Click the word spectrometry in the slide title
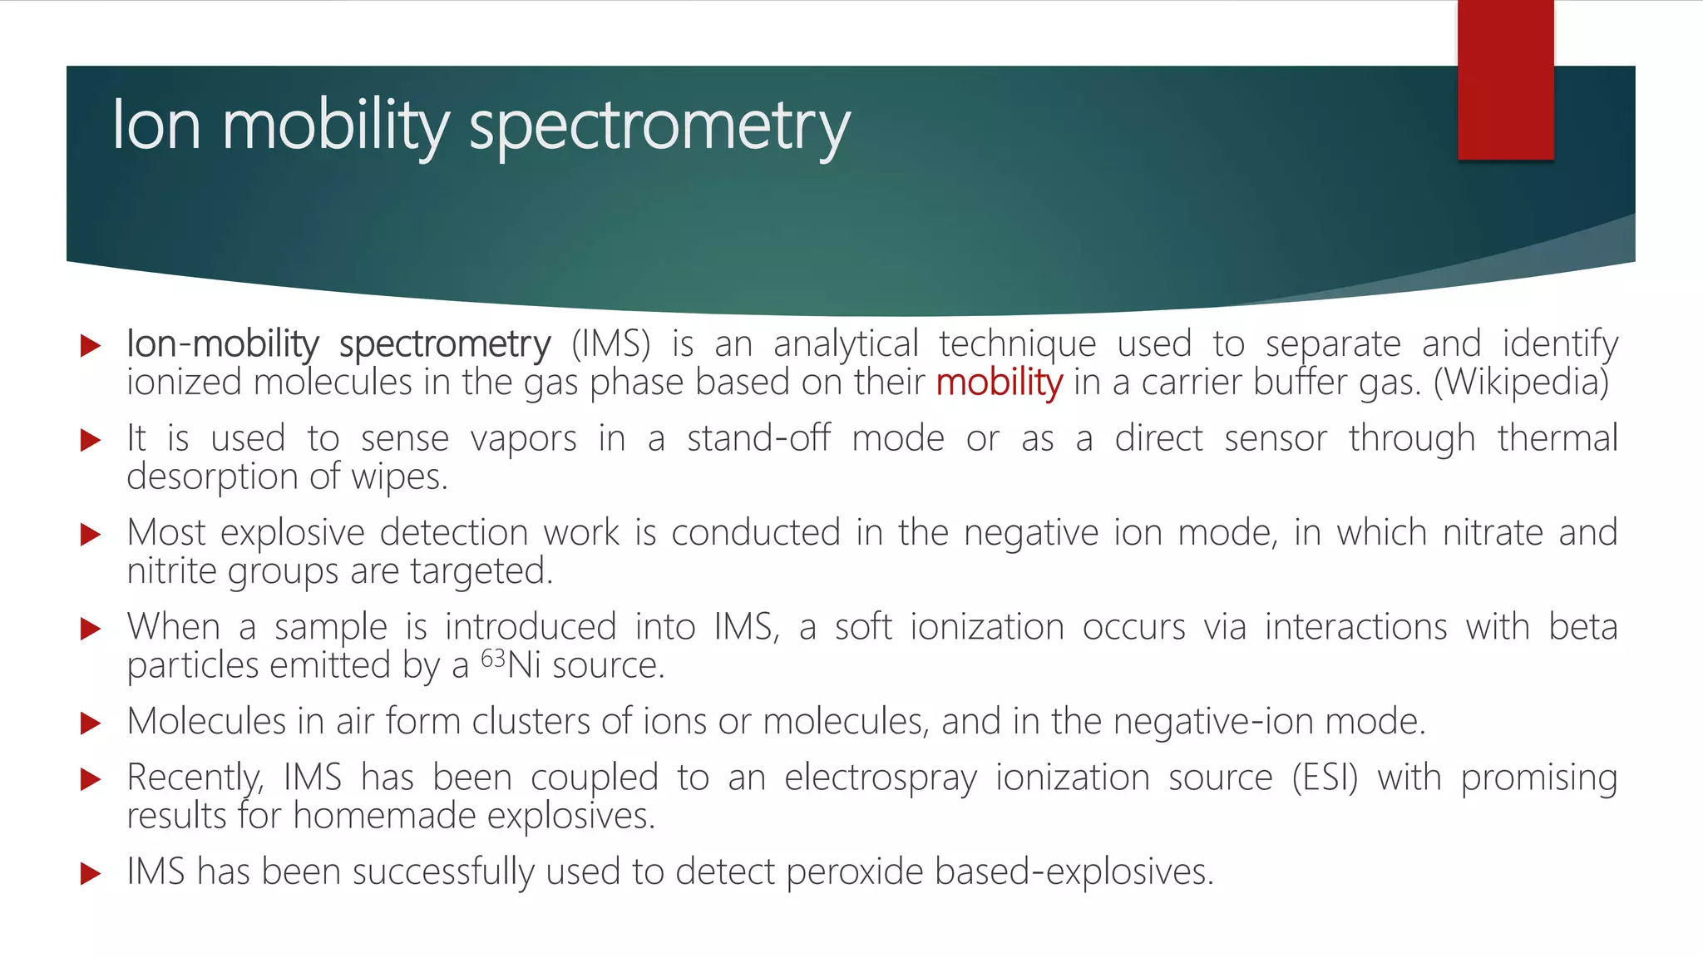[x=659, y=126]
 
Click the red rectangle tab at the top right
[x=1505, y=80]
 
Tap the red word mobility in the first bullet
[x=999, y=383]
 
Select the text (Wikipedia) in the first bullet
[x=1521, y=383]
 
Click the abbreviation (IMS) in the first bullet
[x=610, y=344]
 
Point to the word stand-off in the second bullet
[x=758, y=438]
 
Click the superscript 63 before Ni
[x=493, y=659]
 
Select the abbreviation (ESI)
[x=1325, y=778]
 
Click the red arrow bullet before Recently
[x=90, y=779]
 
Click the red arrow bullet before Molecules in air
[x=90, y=723]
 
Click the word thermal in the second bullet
[x=1557, y=438]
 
